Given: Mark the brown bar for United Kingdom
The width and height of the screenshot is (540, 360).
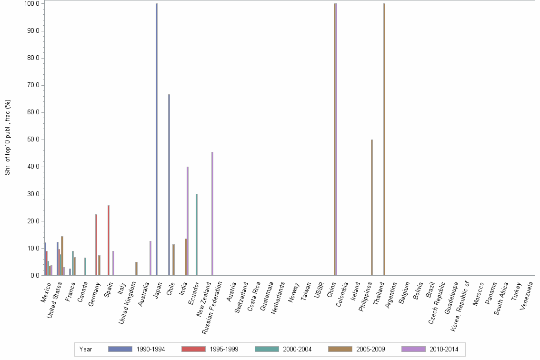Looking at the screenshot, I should pyautogui.click(x=136, y=269).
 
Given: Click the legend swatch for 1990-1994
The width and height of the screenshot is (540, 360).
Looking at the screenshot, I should pyautogui.click(x=120, y=349).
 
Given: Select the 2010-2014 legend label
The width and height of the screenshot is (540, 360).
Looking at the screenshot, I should pyautogui.click(x=443, y=349).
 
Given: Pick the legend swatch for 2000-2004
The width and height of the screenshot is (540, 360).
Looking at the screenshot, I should pyautogui.click(x=267, y=349).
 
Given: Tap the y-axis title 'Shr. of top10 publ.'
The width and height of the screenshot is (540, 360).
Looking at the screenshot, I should pyautogui.click(x=8, y=137).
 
